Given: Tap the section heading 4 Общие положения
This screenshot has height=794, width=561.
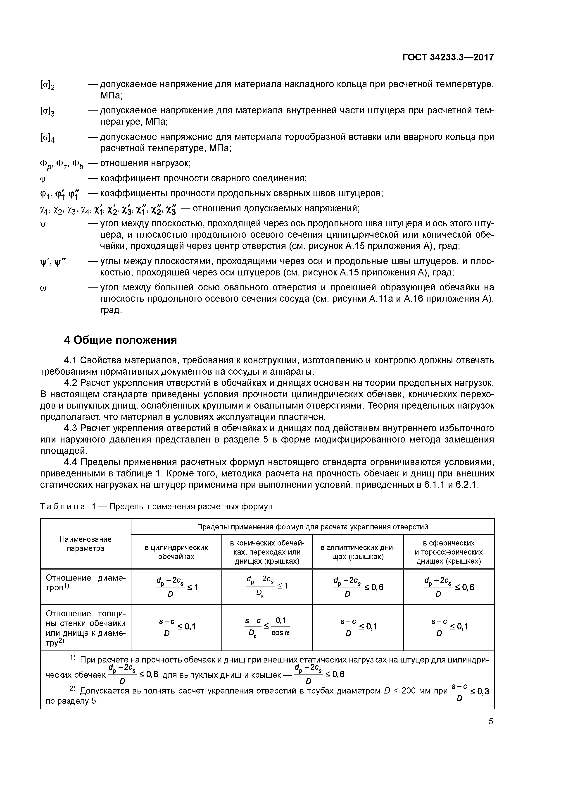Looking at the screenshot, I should pyautogui.click(x=120, y=340).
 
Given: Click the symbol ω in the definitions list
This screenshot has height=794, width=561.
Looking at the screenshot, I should pyautogui.click(x=44, y=288).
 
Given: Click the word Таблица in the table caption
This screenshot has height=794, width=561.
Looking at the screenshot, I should pyautogui.click(x=63, y=507).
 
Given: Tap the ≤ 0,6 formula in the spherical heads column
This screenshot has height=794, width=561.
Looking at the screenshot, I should pyautogui.click(x=449, y=587).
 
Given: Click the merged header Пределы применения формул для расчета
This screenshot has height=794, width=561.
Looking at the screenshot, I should pyautogui.click(x=312, y=527).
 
